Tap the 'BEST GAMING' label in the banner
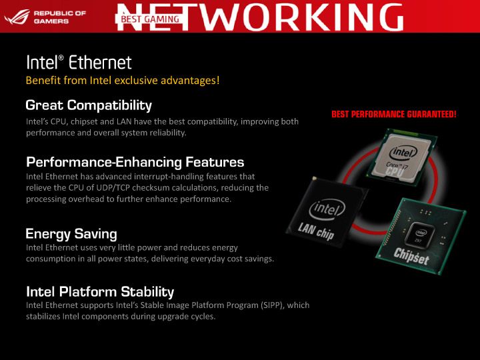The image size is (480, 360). click(150, 19)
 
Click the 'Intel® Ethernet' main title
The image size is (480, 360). click(79, 63)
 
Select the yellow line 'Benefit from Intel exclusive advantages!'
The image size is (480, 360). click(123, 81)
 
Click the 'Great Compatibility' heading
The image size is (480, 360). click(89, 105)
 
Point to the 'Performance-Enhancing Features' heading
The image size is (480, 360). click(135, 162)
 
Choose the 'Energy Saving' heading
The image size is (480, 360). click(71, 234)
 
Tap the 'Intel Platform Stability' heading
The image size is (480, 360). click(100, 291)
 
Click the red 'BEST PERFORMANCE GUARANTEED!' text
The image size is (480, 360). click(393, 115)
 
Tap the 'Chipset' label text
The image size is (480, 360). click(411, 255)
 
